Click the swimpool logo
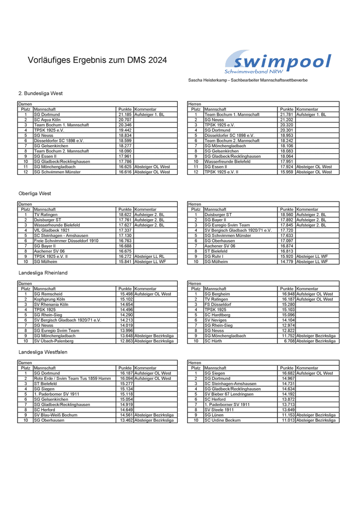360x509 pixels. tap(277, 63)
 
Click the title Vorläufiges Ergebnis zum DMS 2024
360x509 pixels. tap(97, 60)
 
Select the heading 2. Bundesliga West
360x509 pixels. tap(40, 93)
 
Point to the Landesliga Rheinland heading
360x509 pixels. tap(43, 273)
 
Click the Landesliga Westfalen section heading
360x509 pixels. tap(43, 352)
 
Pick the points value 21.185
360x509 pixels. tap(125, 115)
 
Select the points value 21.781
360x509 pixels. tap(287, 115)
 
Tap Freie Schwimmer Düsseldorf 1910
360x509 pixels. tap(66, 241)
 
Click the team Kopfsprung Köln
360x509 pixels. tap(50, 299)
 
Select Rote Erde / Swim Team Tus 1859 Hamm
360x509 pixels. tap(72, 378)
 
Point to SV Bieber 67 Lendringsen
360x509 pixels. tap(228, 394)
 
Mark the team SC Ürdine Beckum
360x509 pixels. tap(223, 420)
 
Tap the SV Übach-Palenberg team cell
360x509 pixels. tap(53, 341)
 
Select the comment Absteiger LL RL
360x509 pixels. tap(149, 256)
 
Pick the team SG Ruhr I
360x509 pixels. tap(214, 256)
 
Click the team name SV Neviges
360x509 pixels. tap(216, 320)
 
